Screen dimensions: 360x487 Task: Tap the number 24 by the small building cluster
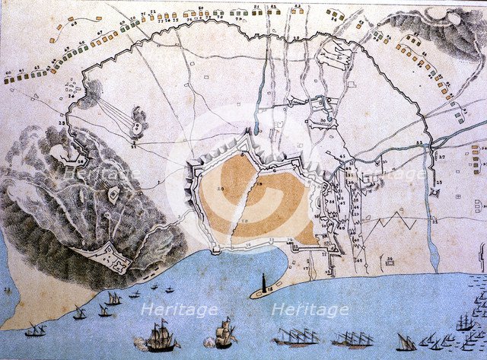click(70, 97)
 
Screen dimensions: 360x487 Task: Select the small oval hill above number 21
click(139, 116)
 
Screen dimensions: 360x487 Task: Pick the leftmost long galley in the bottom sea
click(297, 336)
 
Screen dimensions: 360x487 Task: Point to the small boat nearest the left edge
click(35, 330)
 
